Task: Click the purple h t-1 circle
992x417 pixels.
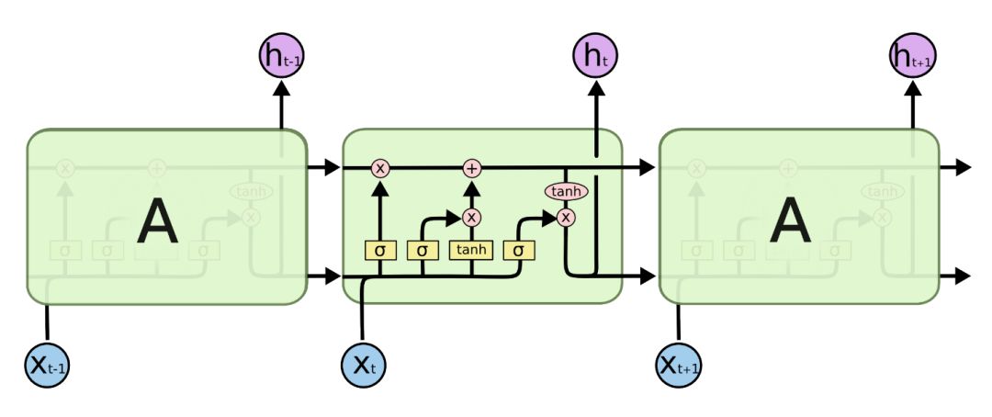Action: pos(282,57)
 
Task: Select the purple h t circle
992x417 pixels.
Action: pos(596,57)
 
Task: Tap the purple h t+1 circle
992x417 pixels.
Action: pos(912,57)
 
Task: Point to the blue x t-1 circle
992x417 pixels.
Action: pos(47,365)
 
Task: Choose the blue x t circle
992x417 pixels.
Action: pos(364,365)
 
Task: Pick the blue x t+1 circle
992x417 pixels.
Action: pos(680,365)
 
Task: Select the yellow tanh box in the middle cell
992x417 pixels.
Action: pos(471,249)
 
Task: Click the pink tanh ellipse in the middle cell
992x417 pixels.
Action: pos(566,191)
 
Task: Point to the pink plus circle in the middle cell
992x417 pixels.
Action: pos(471,168)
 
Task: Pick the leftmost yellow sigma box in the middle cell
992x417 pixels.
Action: pos(380,249)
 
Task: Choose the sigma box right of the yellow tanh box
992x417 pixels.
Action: pos(518,249)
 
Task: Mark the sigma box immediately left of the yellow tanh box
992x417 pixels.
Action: pos(423,249)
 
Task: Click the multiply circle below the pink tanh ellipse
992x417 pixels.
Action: pos(566,217)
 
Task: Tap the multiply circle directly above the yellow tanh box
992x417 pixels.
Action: pos(471,217)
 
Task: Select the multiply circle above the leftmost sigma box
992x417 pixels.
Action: pos(380,168)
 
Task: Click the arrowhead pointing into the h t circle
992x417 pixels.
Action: pos(596,89)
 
